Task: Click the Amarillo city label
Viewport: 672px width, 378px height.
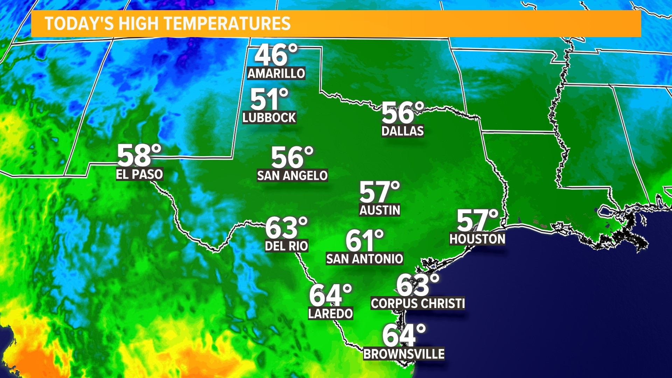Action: click(x=276, y=73)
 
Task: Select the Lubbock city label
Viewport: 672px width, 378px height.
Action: click(x=269, y=118)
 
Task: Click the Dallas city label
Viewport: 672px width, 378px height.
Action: click(x=402, y=131)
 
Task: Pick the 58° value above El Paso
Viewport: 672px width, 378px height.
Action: click(x=139, y=155)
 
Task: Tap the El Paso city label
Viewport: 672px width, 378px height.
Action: click(x=139, y=174)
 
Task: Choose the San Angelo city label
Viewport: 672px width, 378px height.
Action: click(x=292, y=175)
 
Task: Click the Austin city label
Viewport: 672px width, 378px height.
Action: click(x=380, y=210)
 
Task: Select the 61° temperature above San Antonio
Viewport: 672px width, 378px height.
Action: click(x=364, y=240)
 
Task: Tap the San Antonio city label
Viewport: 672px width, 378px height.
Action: click(x=364, y=259)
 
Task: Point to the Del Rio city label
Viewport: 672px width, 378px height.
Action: click(x=286, y=246)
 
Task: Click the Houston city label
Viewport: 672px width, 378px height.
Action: click(x=477, y=239)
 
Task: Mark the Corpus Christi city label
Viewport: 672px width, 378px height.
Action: click(x=418, y=303)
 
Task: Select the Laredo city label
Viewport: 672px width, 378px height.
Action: click(x=330, y=314)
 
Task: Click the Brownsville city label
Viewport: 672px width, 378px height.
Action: click(x=404, y=354)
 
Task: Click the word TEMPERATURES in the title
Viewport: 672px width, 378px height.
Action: click(x=227, y=24)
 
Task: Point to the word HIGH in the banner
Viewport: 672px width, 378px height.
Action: click(x=139, y=24)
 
